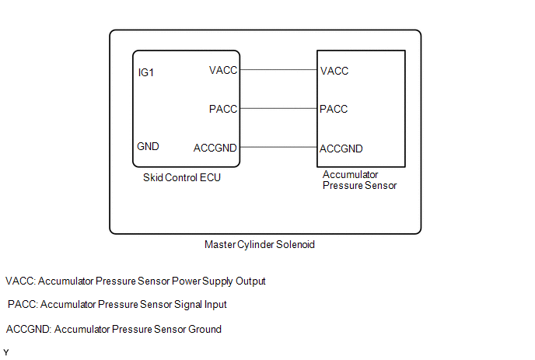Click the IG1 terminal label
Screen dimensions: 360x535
[x=147, y=72]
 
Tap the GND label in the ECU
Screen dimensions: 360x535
[x=149, y=146]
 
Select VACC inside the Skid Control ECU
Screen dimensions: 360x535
[x=223, y=71]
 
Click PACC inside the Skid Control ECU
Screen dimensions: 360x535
[x=223, y=109]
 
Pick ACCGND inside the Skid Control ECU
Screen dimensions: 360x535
[x=215, y=147]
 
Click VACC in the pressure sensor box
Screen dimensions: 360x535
[x=334, y=71]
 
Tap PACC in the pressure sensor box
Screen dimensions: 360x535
[x=334, y=109]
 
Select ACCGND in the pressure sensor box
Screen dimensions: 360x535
[x=341, y=148]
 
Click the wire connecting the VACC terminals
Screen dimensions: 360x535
[x=278, y=71]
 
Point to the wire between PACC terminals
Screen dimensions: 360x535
[x=278, y=109]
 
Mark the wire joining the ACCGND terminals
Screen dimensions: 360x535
[x=278, y=147]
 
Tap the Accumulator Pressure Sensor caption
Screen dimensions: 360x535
[x=359, y=180]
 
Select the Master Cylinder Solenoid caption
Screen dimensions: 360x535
[x=259, y=244]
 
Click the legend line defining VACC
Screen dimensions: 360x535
[x=136, y=281]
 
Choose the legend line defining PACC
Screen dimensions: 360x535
[x=117, y=305]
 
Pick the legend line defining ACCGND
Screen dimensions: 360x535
[x=114, y=329]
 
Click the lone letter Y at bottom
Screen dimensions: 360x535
[x=6, y=352]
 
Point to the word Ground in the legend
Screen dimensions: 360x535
[x=205, y=329]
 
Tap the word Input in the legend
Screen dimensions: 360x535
[x=213, y=305]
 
